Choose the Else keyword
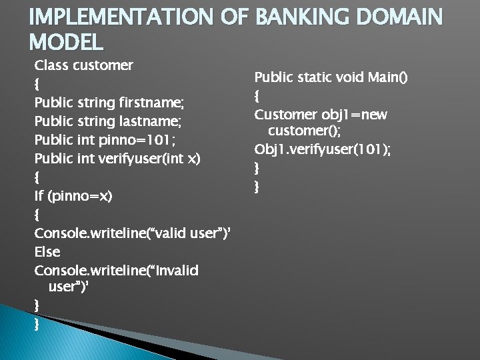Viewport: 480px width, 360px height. pyautogui.click(x=47, y=252)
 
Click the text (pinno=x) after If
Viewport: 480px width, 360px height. pyautogui.click(x=81, y=197)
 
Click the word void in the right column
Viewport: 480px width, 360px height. pyautogui.click(x=349, y=78)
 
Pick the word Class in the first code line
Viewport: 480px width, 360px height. pyautogui.click(x=51, y=66)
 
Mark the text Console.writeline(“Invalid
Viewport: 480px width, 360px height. pyautogui.click(x=117, y=270)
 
